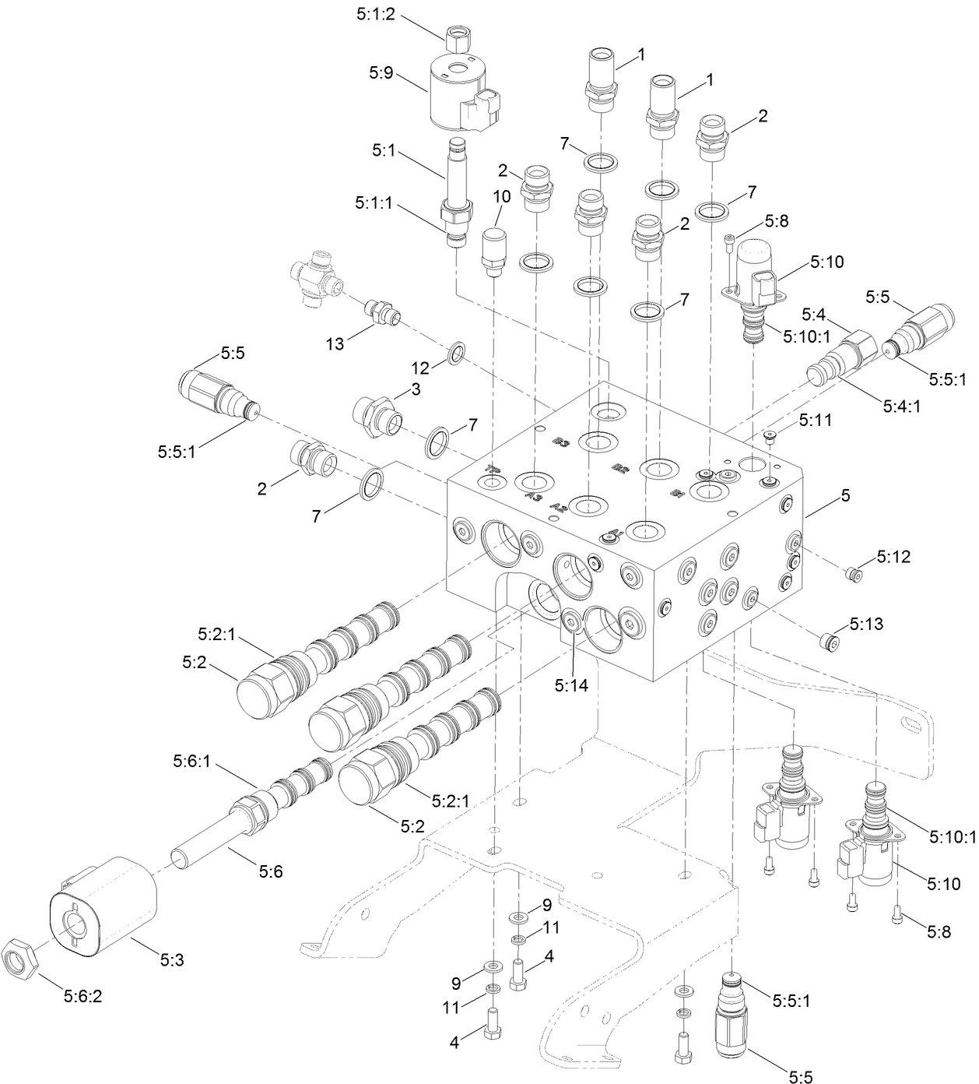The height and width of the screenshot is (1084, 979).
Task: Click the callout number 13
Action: (x=335, y=343)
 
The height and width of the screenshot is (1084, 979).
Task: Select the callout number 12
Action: (x=420, y=366)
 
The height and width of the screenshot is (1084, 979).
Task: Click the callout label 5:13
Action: (x=866, y=625)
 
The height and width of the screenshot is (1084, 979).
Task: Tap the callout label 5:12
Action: (x=893, y=556)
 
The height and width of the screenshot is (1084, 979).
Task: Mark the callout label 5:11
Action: (x=815, y=421)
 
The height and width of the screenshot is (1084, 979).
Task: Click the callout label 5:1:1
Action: (x=374, y=202)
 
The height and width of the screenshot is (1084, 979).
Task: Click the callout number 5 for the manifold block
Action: (x=845, y=494)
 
